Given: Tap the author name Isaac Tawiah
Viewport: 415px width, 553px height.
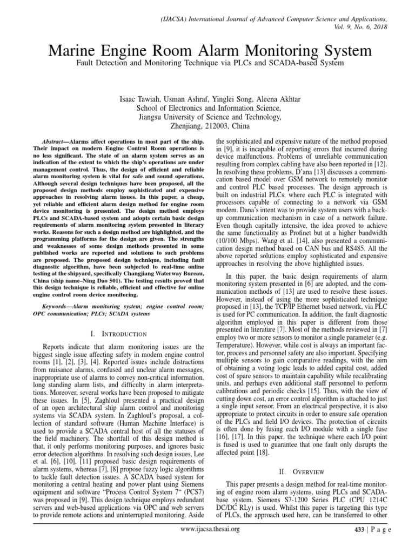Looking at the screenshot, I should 142,100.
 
